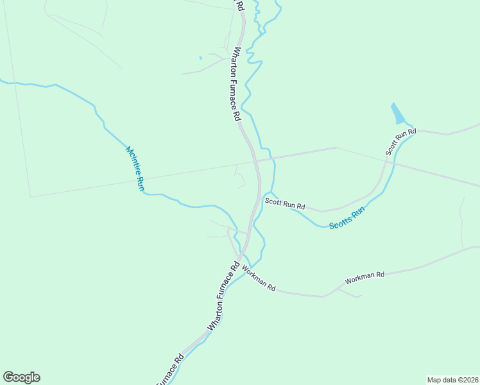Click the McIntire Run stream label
[135, 169]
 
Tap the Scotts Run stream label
[347, 218]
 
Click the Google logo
[21, 377]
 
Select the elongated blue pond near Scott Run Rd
[398, 114]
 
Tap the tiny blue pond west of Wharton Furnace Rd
[200, 58]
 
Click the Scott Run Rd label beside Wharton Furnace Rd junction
[285, 204]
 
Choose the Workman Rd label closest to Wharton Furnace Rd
[259, 280]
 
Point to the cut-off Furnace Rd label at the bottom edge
[171, 369]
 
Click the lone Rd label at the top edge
[240, 5]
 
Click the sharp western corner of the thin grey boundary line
[30, 196]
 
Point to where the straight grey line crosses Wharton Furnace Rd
[255, 160]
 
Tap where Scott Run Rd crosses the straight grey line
[388, 161]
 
